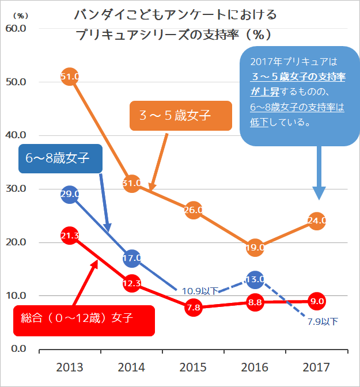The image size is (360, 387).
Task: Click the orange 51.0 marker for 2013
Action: (69, 77)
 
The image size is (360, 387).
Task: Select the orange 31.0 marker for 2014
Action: (132, 184)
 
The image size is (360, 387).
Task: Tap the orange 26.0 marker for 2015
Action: (193, 210)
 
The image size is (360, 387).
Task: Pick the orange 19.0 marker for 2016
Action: (255, 248)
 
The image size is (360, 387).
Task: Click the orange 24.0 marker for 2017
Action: (317, 220)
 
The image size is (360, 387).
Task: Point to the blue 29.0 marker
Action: (69, 194)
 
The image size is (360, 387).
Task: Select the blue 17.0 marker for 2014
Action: (132, 258)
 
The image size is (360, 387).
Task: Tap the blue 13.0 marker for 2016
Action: (255, 279)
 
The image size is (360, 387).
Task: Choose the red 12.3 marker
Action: (132, 283)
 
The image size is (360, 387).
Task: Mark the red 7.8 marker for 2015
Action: (193, 308)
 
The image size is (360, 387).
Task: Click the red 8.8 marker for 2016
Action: (255, 302)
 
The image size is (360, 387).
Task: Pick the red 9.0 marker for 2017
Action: (317, 301)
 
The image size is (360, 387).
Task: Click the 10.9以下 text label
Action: (199, 291)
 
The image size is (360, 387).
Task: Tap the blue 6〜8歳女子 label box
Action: (60, 157)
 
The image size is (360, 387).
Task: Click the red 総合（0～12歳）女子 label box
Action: (84, 320)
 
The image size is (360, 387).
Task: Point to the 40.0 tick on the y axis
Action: (16, 135)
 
